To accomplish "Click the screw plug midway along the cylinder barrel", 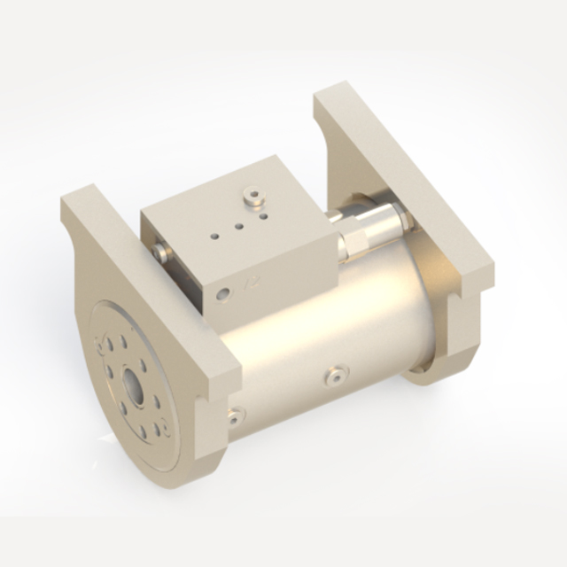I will click(x=336, y=376).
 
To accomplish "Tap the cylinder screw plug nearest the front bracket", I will click(x=234, y=414).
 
